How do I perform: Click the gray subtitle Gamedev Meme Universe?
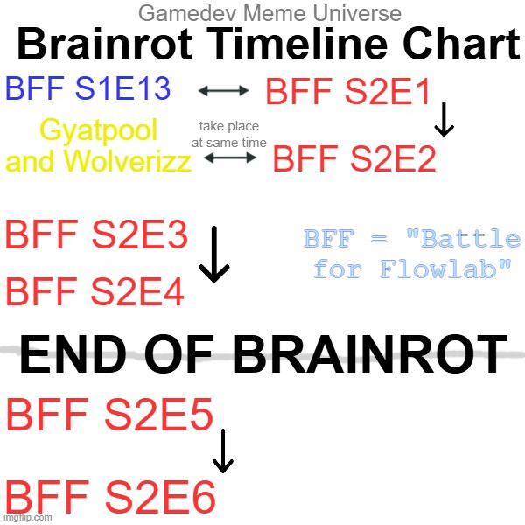tap(269, 14)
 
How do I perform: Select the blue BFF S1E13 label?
tap(88, 88)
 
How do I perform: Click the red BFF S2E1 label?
tap(348, 91)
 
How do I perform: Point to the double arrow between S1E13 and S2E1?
tap(223, 90)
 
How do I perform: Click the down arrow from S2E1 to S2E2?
tap(444, 119)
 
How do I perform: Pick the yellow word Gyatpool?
tap(98, 129)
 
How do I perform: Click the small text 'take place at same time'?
tap(229, 135)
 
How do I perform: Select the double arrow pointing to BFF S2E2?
tap(230, 157)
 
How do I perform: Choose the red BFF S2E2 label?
tap(354, 158)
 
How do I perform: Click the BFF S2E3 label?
tap(96, 234)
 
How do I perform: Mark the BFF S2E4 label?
tap(95, 291)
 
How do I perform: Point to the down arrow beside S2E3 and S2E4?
tap(214, 255)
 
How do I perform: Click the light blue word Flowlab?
tap(438, 269)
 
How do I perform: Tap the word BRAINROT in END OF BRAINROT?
tap(370, 354)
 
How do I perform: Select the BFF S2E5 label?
tap(110, 415)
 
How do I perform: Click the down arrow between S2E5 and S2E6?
tap(223, 451)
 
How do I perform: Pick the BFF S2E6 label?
tap(110, 497)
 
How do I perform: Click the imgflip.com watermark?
tap(27, 518)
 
